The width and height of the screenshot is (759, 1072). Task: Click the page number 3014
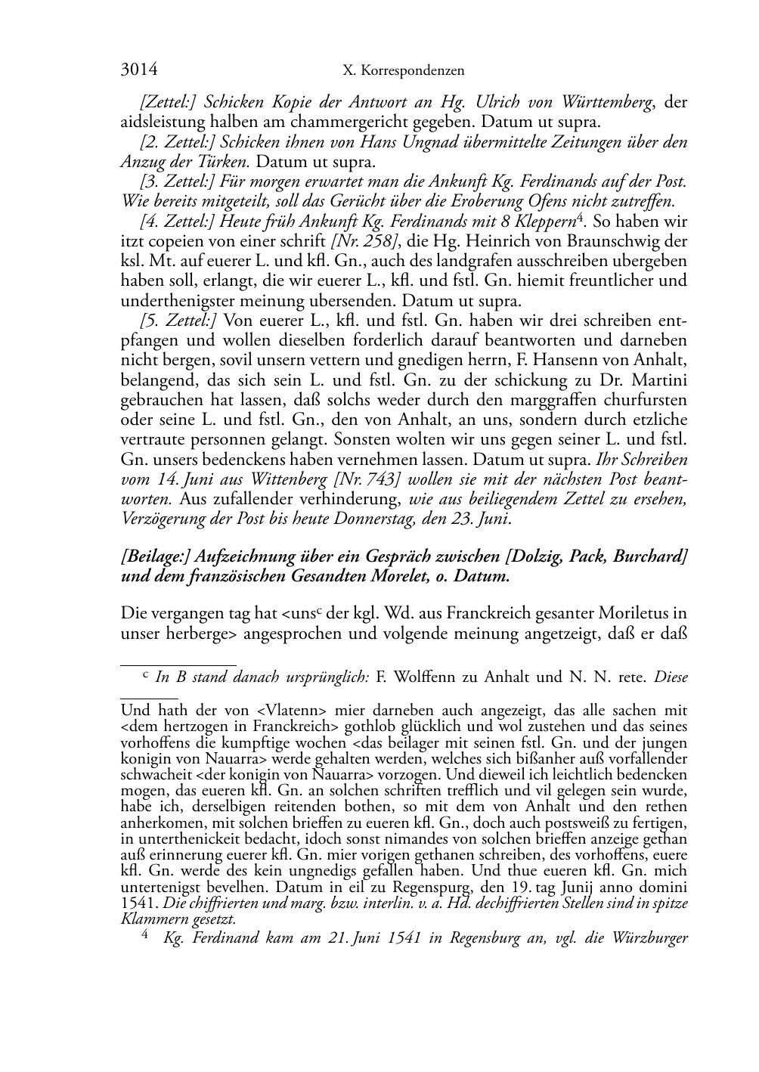(139, 70)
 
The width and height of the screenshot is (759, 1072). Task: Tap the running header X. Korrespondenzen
(403, 71)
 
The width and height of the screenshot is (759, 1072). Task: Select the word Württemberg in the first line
(607, 102)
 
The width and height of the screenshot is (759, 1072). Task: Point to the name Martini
(661, 380)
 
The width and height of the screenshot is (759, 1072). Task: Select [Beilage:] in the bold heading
(155, 556)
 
